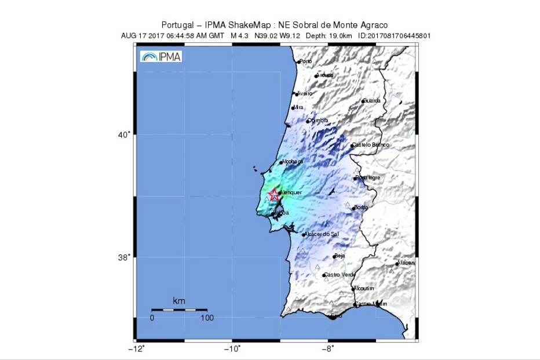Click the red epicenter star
[275, 195]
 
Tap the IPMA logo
[161, 56]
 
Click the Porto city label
[305, 61]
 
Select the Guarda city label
[372, 101]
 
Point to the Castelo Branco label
[371, 145]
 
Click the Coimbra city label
[318, 121]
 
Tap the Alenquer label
[291, 192]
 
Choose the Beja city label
[340, 256]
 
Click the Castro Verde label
[340, 275]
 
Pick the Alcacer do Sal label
[322, 234]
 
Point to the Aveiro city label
[305, 93]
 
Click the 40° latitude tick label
[124, 134]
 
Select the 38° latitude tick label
[124, 257]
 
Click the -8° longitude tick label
[328, 349]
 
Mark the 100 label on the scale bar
[207, 318]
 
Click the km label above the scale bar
[179, 301]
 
